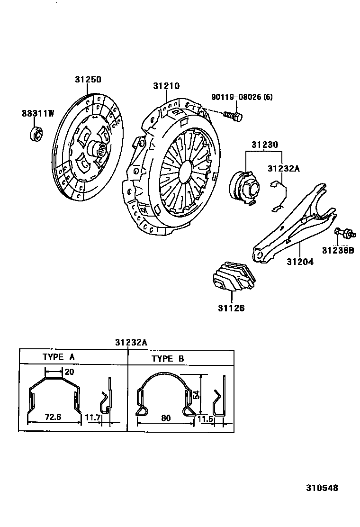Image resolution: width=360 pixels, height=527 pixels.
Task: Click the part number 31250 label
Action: coord(88,80)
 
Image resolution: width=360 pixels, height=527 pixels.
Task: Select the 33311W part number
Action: coord(38,113)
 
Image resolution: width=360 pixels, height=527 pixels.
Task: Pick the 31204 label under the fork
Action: coord(299,261)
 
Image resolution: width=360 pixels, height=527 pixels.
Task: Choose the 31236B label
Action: coord(338,250)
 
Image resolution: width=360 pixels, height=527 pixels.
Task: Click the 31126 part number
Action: coord(231,308)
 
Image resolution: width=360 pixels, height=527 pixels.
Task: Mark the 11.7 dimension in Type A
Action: coord(92,418)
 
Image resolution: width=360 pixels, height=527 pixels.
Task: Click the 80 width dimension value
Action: coord(165,418)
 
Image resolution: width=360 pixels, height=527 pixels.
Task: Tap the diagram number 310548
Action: coord(322,487)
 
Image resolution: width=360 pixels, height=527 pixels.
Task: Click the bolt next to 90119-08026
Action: coord(233,116)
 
